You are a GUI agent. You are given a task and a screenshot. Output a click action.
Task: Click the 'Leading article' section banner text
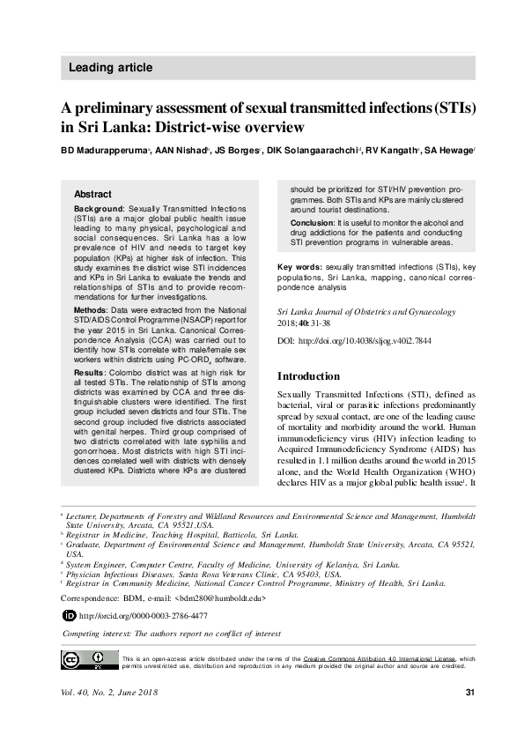point(110,68)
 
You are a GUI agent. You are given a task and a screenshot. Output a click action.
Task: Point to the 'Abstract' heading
point(92,194)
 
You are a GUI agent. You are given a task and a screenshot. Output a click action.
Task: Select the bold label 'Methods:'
point(91,311)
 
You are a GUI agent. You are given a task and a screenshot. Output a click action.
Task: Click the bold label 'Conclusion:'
point(313,223)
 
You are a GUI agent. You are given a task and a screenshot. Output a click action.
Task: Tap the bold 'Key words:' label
point(299,266)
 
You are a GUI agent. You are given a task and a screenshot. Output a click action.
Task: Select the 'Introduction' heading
point(308,376)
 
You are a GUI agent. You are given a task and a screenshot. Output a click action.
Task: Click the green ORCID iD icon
point(70,615)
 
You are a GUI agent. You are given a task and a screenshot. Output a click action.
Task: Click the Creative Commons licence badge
point(89,659)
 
